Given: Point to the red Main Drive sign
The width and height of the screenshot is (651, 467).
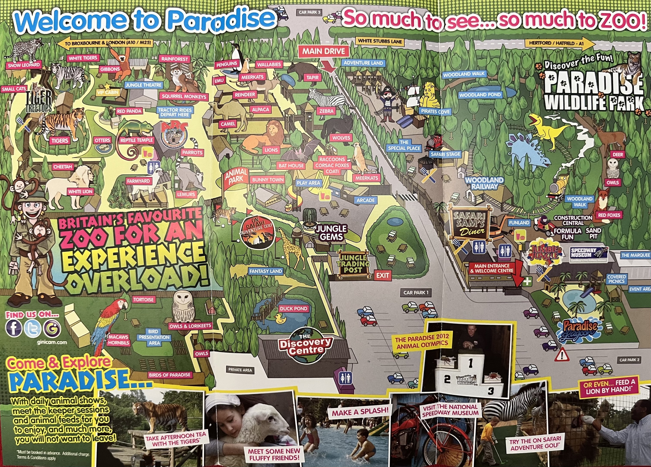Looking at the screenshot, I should [323, 52].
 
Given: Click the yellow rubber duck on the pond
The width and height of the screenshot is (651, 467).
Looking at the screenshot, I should [280, 318].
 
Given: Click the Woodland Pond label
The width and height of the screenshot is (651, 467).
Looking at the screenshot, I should [480, 95].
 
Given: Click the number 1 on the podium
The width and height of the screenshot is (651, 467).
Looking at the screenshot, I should [470, 363].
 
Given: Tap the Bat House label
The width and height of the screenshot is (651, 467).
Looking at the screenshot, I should [291, 166].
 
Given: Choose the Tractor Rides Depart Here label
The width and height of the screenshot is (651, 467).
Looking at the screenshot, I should [175, 112].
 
